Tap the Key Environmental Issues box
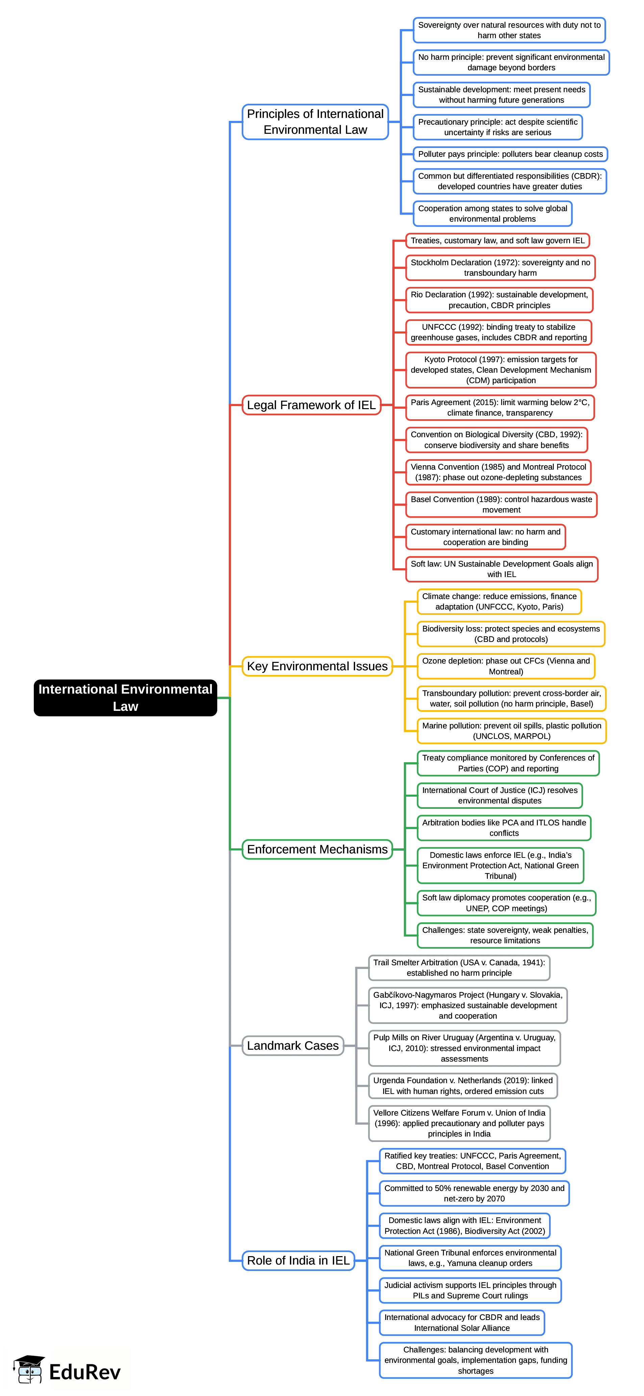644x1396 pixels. click(317, 666)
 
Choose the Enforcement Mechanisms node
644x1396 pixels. click(317, 849)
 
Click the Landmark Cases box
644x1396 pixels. click(293, 1045)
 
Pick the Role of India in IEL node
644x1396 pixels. click(298, 1261)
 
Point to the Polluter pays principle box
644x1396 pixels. click(510, 154)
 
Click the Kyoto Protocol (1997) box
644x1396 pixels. click(501, 370)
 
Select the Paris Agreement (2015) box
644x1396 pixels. click(500, 407)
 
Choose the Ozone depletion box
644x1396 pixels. click(506, 666)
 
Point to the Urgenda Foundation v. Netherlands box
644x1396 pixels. click(463, 1086)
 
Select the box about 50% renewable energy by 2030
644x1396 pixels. click(474, 1193)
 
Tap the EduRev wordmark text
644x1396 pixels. click(84, 1372)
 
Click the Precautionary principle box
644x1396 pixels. click(498, 127)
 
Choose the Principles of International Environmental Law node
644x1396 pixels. click(315, 122)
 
